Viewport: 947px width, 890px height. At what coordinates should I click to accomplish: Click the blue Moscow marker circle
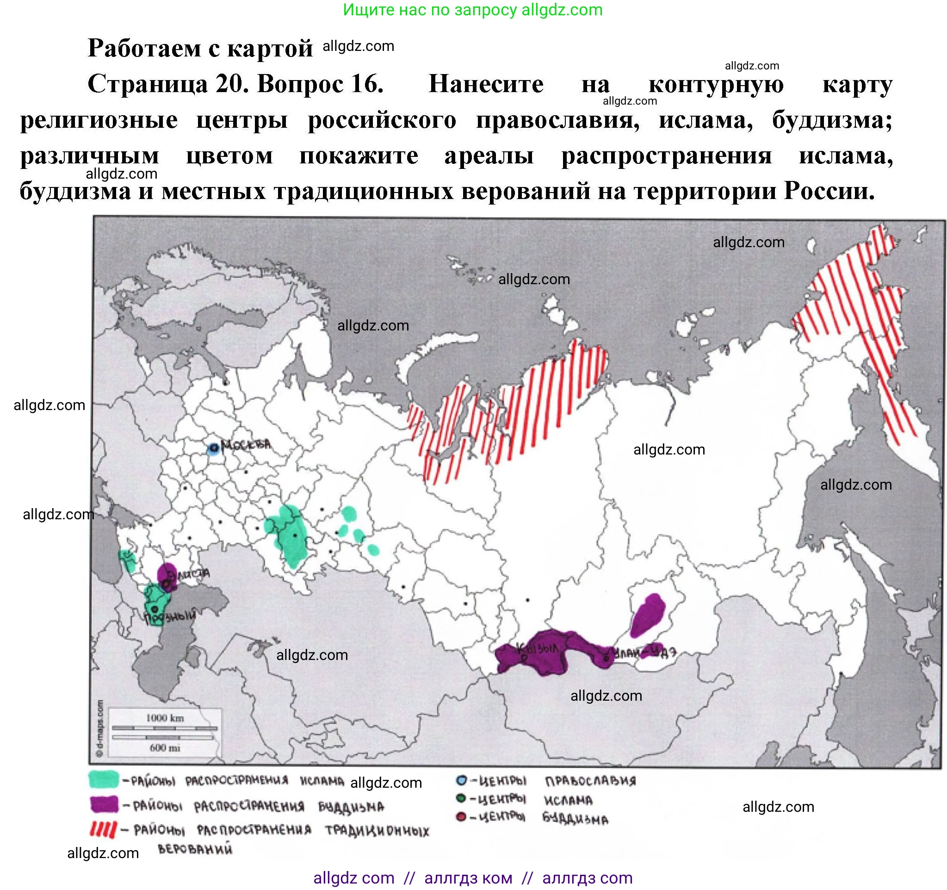pos(213,448)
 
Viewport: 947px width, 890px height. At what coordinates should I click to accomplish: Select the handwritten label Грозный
pos(171,616)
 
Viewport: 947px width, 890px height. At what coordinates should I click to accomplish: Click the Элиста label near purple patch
pos(192,573)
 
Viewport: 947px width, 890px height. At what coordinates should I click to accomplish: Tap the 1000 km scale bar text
pos(164,717)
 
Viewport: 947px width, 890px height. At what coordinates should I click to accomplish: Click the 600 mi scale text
pos(164,747)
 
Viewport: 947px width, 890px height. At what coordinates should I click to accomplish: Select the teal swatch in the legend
pos(103,779)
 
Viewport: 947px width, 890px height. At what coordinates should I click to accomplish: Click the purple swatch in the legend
pos(104,804)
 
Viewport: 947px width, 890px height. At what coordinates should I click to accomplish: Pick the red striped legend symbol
pos(103,829)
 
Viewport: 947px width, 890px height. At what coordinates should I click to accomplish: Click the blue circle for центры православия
pos(461,780)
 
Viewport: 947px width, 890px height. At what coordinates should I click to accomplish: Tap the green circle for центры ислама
pos(461,798)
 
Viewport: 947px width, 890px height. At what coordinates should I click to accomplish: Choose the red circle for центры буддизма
pos(461,817)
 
